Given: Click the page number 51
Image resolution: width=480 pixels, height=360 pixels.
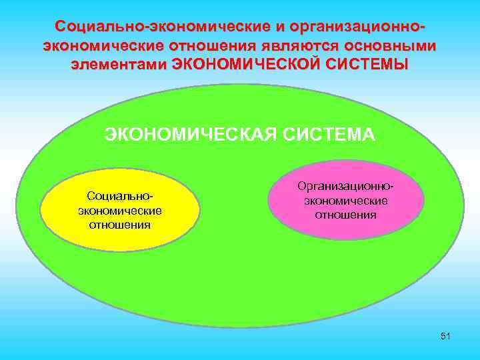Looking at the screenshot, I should (x=445, y=336).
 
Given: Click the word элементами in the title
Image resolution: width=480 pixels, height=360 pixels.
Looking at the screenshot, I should (x=119, y=65).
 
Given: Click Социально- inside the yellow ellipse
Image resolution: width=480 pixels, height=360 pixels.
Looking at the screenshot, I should (x=120, y=197).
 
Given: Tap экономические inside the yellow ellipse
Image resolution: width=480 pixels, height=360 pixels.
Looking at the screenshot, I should (x=120, y=211).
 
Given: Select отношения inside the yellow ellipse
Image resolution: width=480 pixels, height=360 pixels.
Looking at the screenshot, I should (x=120, y=224).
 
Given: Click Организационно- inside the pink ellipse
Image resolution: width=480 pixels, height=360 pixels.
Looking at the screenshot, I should (x=346, y=187).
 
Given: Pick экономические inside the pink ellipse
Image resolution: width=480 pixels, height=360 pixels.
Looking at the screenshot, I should (x=346, y=201).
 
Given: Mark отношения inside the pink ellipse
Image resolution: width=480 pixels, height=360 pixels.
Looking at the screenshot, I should (x=346, y=215).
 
